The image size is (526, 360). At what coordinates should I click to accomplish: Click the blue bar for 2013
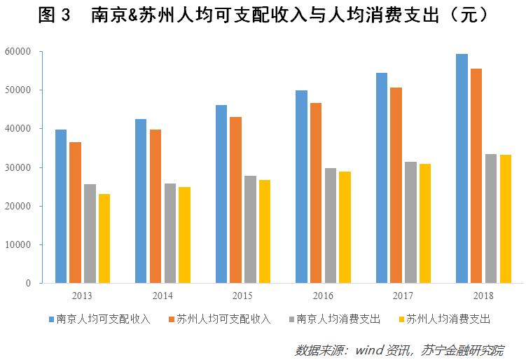61,207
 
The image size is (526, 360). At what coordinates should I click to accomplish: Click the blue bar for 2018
462,169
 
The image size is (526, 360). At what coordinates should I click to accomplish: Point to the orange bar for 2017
396,186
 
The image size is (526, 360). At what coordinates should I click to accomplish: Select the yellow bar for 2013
104,238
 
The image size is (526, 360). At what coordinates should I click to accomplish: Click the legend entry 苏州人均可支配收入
223,319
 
